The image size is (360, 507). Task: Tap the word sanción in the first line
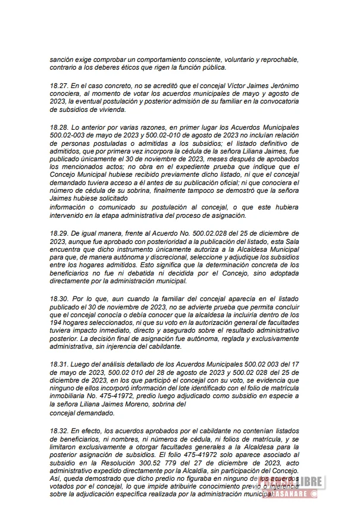coord(62,60)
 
